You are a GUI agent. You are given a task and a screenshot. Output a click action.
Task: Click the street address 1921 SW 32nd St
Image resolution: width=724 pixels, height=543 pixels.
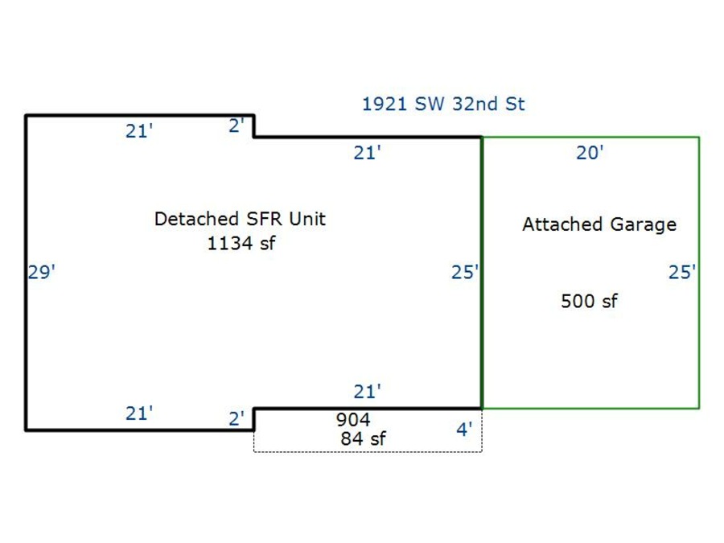[443, 104]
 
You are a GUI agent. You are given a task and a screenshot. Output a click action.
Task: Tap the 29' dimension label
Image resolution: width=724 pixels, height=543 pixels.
[41, 273]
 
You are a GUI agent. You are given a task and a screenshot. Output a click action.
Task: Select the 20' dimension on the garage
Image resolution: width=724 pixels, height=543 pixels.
[590, 153]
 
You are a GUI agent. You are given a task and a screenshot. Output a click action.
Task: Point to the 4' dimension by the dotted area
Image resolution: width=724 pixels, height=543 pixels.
[464, 430]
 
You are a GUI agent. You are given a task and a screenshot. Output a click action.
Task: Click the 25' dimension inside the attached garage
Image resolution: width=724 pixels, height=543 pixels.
[681, 273]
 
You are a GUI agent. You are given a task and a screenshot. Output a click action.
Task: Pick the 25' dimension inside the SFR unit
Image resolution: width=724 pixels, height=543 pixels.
[464, 273]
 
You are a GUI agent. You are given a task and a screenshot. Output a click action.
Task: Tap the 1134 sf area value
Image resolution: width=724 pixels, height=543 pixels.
[241, 244]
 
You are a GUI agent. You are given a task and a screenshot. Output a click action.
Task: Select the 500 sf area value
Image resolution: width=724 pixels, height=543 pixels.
[589, 302]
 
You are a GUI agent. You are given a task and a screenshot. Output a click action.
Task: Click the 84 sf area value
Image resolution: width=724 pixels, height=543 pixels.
[363, 439]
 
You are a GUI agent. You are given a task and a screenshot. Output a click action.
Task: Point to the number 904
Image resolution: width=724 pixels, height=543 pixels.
[352, 420]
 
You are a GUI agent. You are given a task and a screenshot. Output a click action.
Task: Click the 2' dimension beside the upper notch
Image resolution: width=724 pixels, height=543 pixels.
[237, 126]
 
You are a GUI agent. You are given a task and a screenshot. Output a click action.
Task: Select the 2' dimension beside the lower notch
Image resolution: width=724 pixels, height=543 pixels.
[237, 419]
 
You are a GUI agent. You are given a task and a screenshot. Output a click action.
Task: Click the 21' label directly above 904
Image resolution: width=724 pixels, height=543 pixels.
[367, 392]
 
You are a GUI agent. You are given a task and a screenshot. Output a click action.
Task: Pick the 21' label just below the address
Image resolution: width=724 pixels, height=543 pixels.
[367, 153]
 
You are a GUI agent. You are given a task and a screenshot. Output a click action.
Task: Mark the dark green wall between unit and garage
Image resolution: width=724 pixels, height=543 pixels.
[481, 322]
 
